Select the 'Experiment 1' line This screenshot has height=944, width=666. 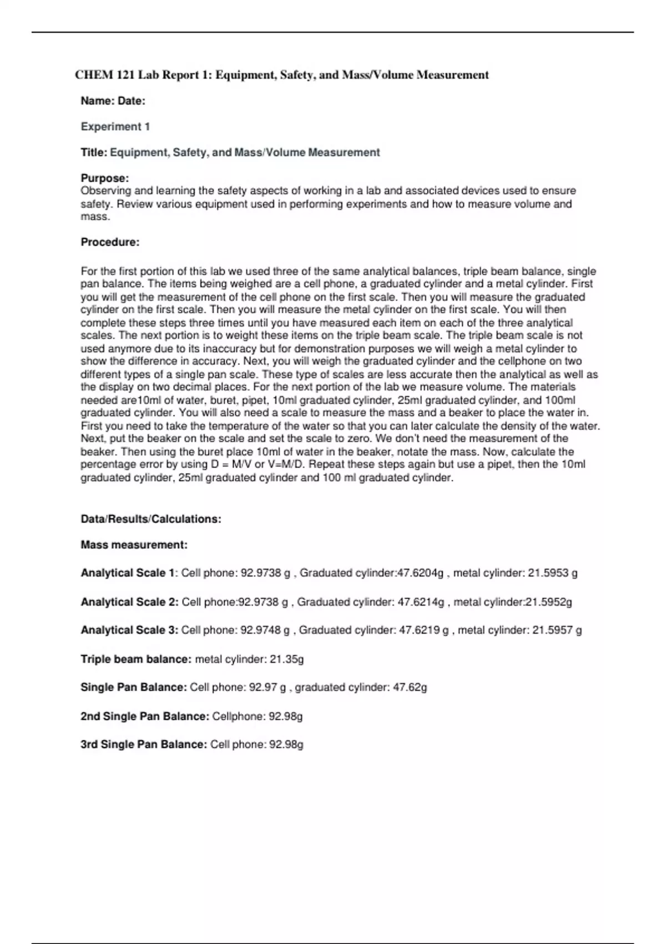115,127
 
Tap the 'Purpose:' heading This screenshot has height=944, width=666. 105,178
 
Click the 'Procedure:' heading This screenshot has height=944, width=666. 110,242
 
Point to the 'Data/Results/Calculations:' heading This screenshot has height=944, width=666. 151,519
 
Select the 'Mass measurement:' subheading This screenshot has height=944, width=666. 134,545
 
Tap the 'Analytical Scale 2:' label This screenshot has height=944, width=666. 129,602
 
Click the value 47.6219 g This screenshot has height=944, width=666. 423,630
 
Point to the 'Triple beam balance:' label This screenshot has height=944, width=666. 136,659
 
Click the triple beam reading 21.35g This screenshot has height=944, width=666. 286,659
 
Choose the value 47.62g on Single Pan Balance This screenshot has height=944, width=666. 410,687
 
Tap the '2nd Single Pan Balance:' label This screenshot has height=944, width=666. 145,716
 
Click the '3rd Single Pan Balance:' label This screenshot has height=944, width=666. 144,745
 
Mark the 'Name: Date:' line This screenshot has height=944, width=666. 113,101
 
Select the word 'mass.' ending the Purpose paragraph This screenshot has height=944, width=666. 95,217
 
